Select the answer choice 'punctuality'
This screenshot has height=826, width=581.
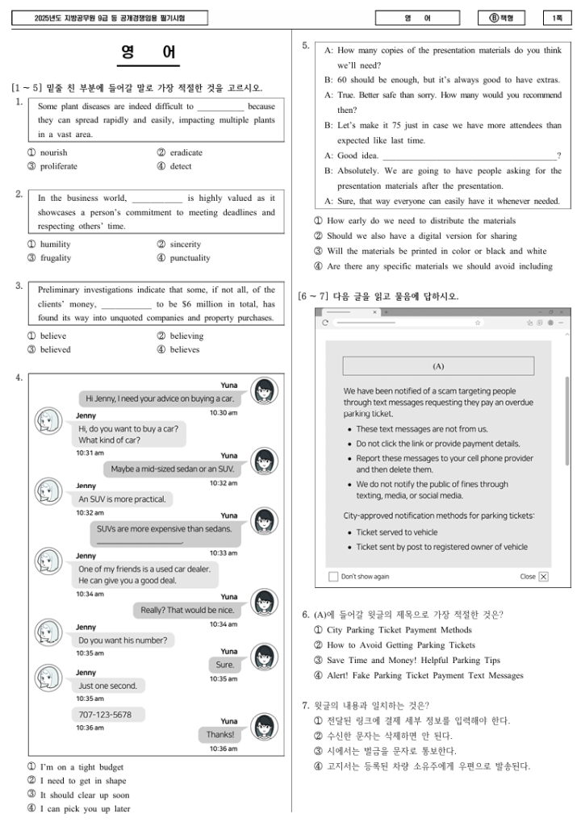coord(190,258)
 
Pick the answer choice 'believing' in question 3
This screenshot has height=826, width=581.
coord(186,336)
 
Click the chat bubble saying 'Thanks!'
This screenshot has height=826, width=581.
coord(219,734)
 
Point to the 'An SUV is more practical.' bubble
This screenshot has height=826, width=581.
coord(121,499)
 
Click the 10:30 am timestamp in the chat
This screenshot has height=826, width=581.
coord(224,412)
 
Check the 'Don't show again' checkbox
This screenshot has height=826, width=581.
coord(333,577)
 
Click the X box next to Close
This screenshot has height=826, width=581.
coord(543,577)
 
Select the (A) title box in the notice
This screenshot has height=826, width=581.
coord(438,366)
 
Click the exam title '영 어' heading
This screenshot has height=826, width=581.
coord(148,53)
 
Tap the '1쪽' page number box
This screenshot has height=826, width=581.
coord(557,18)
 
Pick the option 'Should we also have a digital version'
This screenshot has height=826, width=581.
coord(421,236)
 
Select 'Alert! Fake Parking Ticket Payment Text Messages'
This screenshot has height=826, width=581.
coord(424,676)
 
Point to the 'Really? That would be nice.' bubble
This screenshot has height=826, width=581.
coord(187,610)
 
